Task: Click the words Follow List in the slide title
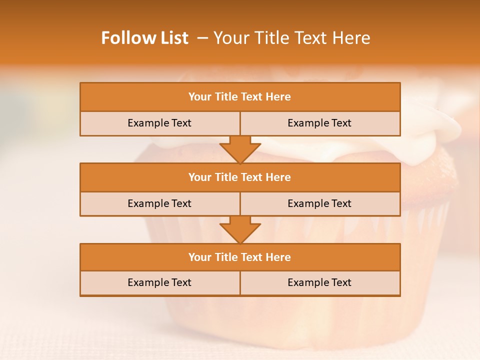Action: [144, 38]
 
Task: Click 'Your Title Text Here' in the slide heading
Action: [291, 38]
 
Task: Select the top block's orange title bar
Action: [240, 97]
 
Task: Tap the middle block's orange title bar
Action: [240, 177]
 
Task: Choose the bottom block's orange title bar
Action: [240, 257]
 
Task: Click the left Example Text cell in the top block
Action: [159, 123]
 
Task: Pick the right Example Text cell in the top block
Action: [319, 123]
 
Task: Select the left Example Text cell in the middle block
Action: [159, 204]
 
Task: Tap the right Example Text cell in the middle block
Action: [319, 204]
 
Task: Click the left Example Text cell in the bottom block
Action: [159, 283]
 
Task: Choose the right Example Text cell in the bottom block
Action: [319, 283]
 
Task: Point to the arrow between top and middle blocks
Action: [240, 149]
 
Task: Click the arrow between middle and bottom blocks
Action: [240, 229]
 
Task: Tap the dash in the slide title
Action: [202, 38]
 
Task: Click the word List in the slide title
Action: [173, 38]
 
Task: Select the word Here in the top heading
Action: [278, 97]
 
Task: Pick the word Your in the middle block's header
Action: [200, 177]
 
